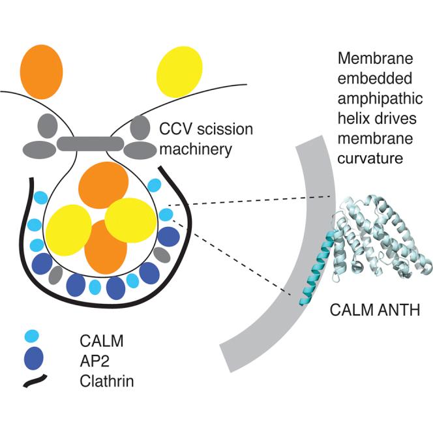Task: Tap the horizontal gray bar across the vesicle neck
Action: (x=92, y=142)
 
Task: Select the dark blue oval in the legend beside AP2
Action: (x=33, y=358)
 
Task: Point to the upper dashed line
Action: (x=254, y=203)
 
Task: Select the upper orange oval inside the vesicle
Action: (x=102, y=185)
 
